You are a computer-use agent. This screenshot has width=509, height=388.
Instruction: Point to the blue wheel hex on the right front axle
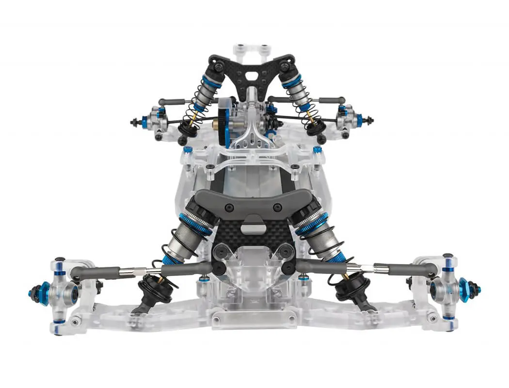pyautogui.click(x=465, y=290)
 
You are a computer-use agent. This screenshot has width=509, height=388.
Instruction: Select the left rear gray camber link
pyautogui.click(x=173, y=102)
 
